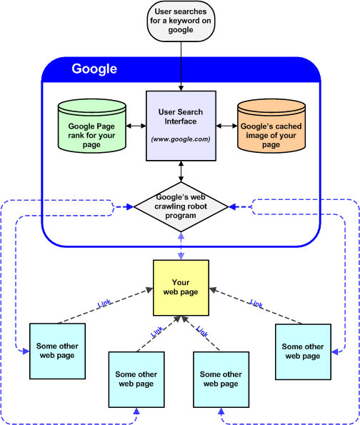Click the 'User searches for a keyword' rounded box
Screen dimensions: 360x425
(x=181, y=21)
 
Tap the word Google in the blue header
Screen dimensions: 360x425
(x=94, y=69)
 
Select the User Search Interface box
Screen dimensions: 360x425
(x=181, y=126)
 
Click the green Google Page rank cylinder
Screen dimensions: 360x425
(x=92, y=126)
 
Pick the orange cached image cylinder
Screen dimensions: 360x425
(x=271, y=126)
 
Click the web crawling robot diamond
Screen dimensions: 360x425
(x=181, y=207)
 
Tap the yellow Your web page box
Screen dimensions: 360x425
(x=181, y=288)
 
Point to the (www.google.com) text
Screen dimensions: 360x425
(x=181, y=139)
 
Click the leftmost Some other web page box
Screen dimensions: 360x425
(x=57, y=351)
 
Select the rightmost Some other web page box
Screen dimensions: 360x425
(x=303, y=352)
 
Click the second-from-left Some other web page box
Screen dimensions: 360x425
(x=136, y=379)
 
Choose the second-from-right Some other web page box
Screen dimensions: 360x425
(x=221, y=379)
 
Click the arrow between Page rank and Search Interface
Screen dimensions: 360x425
(x=136, y=126)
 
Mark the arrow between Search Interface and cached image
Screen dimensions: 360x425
(x=226, y=126)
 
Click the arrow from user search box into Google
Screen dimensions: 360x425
(x=181, y=66)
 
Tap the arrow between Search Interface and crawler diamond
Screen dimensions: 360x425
(x=181, y=171)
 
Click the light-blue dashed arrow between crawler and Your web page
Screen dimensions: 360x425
(x=181, y=246)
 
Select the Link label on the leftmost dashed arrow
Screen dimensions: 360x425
(x=104, y=304)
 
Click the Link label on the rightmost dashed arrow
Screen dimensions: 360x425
(x=256, y=304)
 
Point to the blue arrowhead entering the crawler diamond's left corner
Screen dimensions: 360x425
(x=130, y=207)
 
